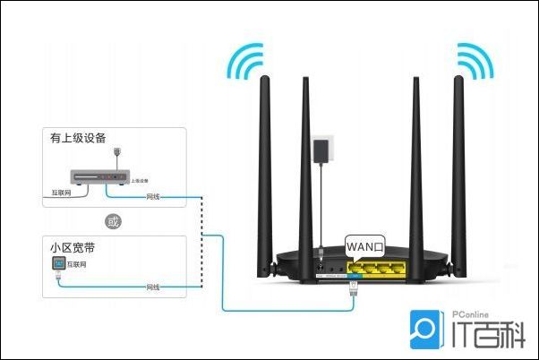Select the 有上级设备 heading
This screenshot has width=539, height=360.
click(79, 138)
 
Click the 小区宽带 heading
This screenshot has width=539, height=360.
click(73, 245)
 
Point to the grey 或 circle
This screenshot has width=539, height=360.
click(113, 220)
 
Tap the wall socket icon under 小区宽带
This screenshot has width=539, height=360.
click(59, 265)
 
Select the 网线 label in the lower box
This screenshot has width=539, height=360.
click(153, 287)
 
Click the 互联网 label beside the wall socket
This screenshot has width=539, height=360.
click(79, 265)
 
